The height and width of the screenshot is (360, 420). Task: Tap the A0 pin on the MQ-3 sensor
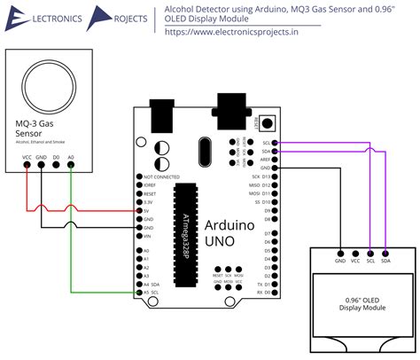pyautogui.click(x=71, y=166)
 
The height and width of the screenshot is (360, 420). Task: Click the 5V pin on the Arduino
pyautogui.click(x=139, y=211)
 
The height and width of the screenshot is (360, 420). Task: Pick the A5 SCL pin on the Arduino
pyautogui.click(x=139, y=292)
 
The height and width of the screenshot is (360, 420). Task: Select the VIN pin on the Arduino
pyautogui.click(x=139, y=237)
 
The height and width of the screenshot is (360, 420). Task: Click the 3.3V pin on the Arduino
pyautogui.click(x=139, y=202)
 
